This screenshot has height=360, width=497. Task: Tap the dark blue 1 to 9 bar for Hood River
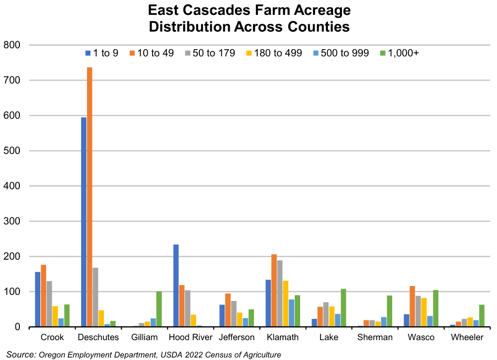tap(176, 286)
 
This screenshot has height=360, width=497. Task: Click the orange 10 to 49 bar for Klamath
tap(274, 290)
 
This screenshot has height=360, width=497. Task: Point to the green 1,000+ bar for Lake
tap(343, 308)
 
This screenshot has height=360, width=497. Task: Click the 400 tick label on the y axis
tap(15, 186)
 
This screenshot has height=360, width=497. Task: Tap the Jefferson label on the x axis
tap(237, 338)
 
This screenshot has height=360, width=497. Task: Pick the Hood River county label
tap(190, 338)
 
